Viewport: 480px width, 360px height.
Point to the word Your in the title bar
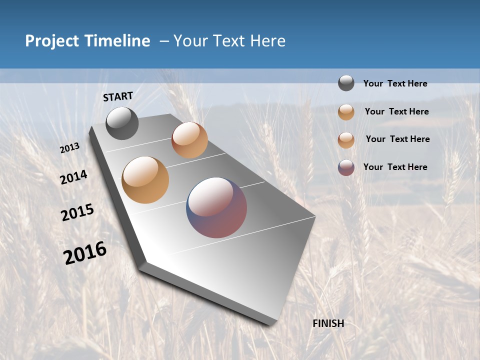(x=190, y=41)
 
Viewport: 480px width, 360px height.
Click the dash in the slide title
(x=164, y=41)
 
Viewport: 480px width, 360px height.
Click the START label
(x=118, y=96)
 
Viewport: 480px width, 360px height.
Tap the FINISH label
(x=328, y=323)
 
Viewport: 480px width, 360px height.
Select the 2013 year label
(x=70, y=148)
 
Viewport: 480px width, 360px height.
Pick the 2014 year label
(x=74, y=177)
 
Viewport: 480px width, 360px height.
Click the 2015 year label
(x=77, y=212)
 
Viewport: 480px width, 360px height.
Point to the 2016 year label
(x=85, y=253)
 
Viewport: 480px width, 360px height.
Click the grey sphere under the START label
(x=122, y=123)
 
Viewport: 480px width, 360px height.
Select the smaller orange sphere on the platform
(x=189, y=140)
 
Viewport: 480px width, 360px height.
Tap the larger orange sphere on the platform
(x=145, y=180)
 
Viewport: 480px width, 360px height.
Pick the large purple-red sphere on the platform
(x=216, y=207)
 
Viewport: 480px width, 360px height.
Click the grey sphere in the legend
(x=346, y=83)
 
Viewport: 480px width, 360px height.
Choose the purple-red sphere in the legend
(x=346, y=167)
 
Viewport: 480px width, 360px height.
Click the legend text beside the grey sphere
(x=395, y=84)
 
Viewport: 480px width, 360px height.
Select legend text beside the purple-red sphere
(x=395, y=167)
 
